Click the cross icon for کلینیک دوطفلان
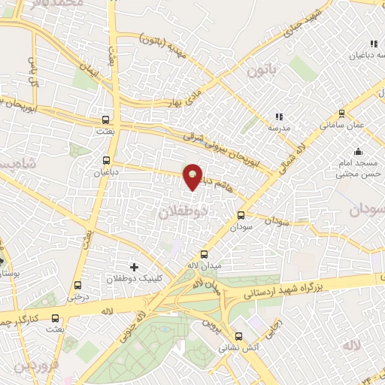click(135, 267)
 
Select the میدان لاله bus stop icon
click(203, 253)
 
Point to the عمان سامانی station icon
click(342, 114)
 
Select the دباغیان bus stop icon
click(106, 159)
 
